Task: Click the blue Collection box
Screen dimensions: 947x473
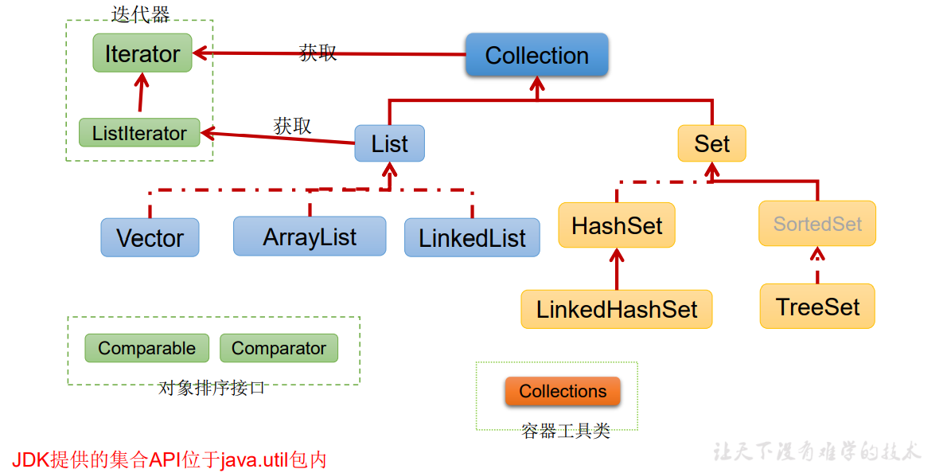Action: (x=536, y=55)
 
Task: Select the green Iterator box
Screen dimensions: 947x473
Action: (x=142, y=53)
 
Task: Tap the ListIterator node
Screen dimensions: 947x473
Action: (x=139, y=133)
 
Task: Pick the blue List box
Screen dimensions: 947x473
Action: (x=390, y=143)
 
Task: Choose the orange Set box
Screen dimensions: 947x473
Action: (x=712, y=143)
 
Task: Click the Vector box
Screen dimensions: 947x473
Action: (x=150, y=237)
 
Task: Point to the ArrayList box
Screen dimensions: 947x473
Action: (x=310, y=236)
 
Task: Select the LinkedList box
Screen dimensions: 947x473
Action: (x=472, y=237)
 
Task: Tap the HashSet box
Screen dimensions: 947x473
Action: (x=617, y=225)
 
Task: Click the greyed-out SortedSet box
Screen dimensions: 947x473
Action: (x=817, y=224)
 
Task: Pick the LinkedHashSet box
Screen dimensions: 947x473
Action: (x=617, y=309)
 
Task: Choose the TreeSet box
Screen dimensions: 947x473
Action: (x=817, y=307)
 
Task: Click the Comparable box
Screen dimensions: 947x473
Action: (x=146, y=348)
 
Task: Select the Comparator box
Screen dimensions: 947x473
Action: (x=279, y=348)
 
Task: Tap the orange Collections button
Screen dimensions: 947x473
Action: (x=563, y=391)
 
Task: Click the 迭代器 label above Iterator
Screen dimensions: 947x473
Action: (x=141, y=15)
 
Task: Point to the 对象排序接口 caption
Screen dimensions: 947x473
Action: (x=212, y=388)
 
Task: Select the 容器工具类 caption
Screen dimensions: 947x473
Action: (x=566, y=431)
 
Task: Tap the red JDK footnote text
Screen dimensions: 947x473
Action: (x=169, y=459)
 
